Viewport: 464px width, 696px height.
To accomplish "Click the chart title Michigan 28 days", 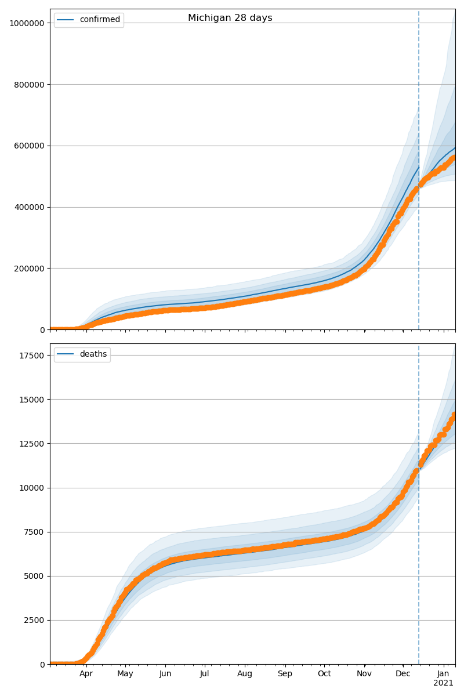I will pyautogui.click(x=230, y=18).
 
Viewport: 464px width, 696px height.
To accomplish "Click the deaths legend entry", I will pyautogui.click(x=93, y=354).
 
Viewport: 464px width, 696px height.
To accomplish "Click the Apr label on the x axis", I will pyautogui.click(x=86, y=674).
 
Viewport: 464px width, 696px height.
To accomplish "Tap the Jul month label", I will pyautogui.click(x=204, y=674).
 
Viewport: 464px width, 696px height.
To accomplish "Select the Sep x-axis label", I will pyautogui.click(x=285, y=674).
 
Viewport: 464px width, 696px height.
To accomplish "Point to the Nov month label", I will pyautogui.click(x=364, y=674).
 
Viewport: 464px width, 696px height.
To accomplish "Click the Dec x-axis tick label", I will pyautogui.click(x=403, y=674).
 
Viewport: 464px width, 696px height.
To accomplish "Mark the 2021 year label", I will pyautogui.click(x=443, y=683).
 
